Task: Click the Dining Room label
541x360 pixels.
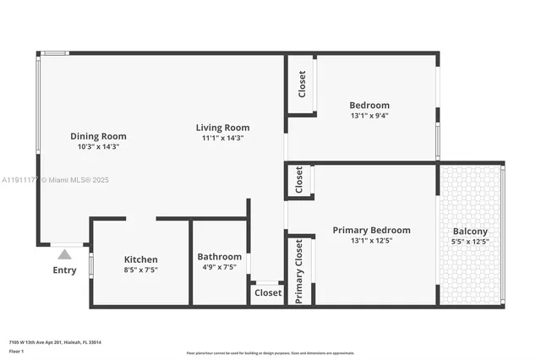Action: [98, 136]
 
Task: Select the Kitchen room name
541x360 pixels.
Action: [141, 259]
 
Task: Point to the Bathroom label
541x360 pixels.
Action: [219, 257]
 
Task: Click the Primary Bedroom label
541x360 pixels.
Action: [371, 230]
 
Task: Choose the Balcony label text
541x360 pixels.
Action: [470, 232]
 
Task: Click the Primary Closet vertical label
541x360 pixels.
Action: [299, 270]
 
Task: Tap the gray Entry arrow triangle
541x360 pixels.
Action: [64, 253]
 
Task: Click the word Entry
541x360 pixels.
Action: [64, 270]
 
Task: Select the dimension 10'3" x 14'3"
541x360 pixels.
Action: [98, 146]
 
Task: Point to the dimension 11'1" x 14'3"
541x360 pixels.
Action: [223, 138]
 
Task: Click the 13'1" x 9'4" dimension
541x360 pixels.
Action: [369, 116]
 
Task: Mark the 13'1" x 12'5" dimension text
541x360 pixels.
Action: [371, 241]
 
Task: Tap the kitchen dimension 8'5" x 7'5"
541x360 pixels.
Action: [141, 270]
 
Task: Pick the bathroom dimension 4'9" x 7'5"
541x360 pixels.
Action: [219, 267]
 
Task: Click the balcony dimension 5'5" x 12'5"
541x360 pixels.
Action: [470, 242]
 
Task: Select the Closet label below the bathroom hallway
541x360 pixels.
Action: [268, 293]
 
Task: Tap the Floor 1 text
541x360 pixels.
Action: [17, 352]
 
